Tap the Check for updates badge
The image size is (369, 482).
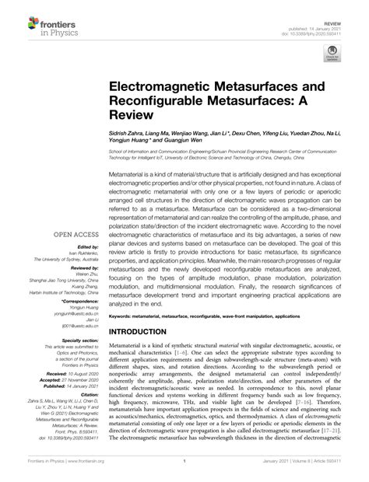pyautogui.click(x=331, y=54)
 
